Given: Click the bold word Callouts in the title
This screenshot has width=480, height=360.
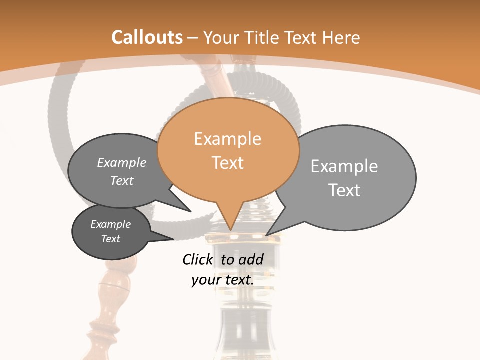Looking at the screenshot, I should point(147,37).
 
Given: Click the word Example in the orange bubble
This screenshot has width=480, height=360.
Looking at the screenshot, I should point(228,139).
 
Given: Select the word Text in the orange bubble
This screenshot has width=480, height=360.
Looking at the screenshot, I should point(228,163).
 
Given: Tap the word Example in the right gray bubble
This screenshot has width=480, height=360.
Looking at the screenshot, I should point(344,166).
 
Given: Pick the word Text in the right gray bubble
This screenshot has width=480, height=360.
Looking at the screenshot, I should point(344,190).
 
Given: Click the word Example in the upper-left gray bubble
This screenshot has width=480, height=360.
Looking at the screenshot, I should point(122,163).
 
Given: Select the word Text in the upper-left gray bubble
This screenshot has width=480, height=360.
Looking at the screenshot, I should point(122,180).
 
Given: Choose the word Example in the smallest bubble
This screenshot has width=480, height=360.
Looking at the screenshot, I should point(111,224).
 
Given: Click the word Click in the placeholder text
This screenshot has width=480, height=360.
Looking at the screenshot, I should point(197,259).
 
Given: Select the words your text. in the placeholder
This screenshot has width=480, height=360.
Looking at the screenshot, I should point(223,280).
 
